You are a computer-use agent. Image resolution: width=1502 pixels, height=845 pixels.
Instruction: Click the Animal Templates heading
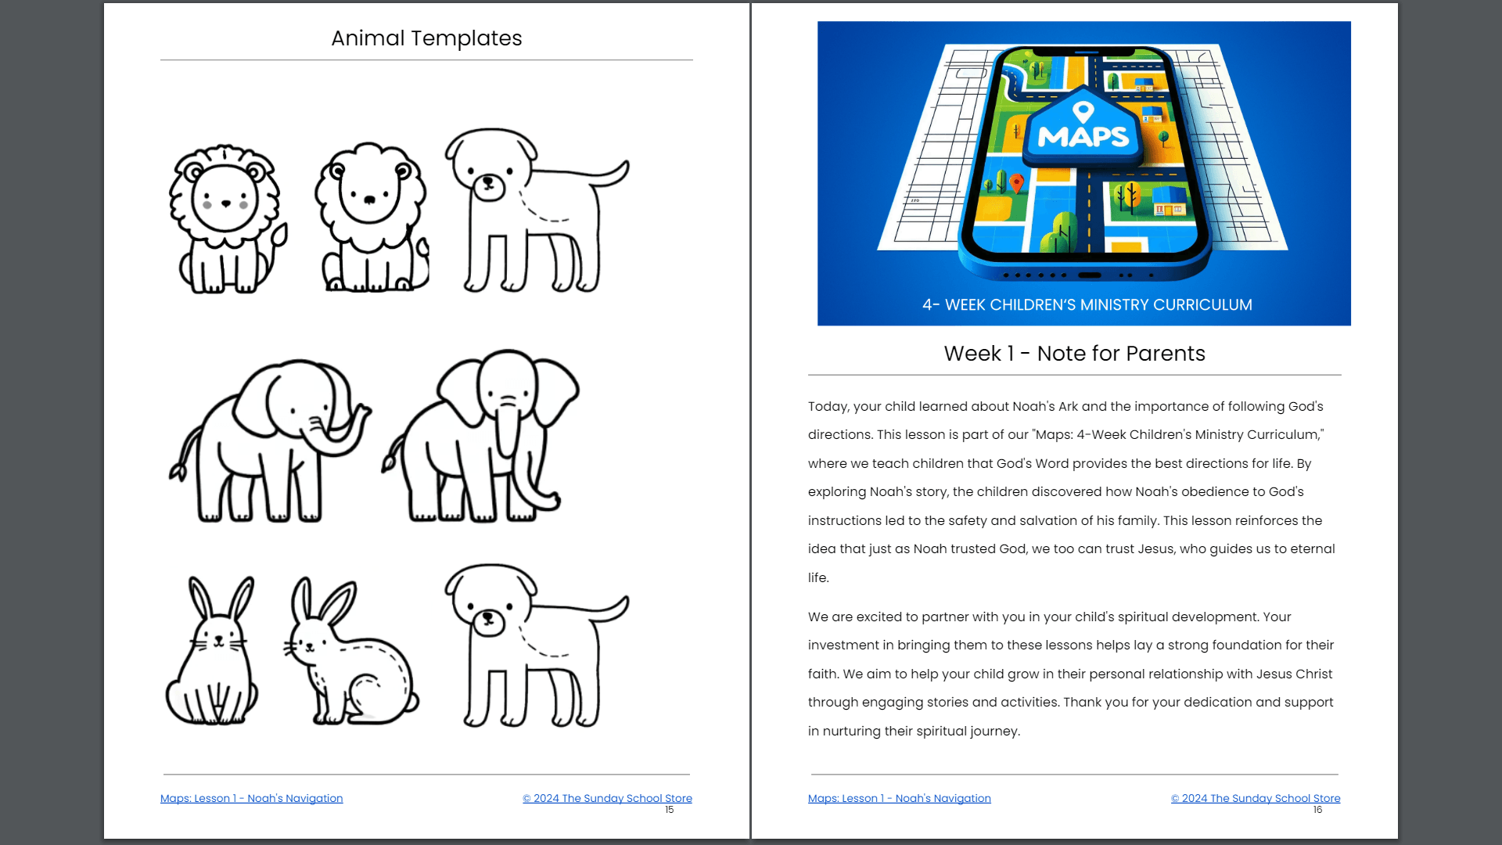pos(426,38)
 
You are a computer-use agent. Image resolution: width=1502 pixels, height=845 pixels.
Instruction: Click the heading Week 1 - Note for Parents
pos(1074,354)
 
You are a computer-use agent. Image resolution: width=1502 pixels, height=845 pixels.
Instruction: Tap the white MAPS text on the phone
pos(1083,137)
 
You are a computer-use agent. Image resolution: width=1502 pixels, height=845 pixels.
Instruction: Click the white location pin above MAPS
pos(1083,112)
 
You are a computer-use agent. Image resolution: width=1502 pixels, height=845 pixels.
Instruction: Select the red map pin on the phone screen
pos(1016,183)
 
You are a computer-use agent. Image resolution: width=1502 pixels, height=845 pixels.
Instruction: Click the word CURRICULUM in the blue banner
pos(1202,305)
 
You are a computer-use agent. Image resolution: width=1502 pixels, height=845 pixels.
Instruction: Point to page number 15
pos(670,810)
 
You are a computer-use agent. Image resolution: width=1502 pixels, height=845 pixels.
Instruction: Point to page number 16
pos(1318,810)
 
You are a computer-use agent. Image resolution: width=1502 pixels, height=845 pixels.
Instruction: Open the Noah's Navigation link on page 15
pos(251,798)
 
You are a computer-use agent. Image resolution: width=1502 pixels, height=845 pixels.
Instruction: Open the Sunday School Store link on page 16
pos(1256,798)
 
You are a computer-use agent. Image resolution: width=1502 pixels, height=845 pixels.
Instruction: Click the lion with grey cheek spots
pos(227,219)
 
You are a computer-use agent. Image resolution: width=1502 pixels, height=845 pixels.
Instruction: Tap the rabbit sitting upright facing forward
pos(212,651)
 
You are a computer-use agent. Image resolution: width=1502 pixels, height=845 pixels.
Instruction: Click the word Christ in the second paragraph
pos(1314,674)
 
